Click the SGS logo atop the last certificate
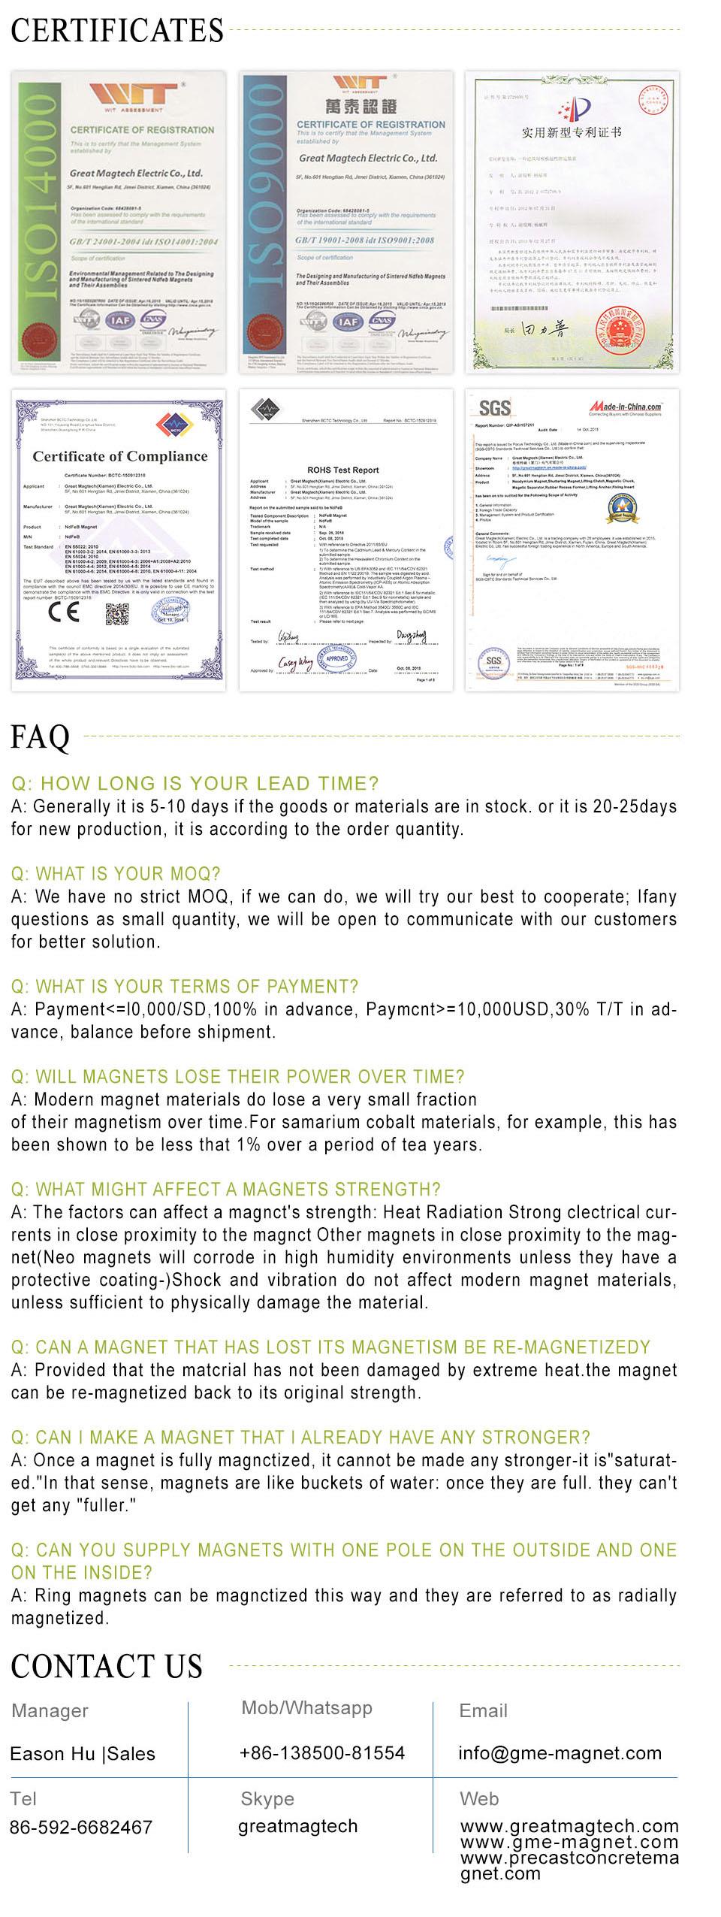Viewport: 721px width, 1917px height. pos(494,407)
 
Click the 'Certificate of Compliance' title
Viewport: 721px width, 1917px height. pos(120,456)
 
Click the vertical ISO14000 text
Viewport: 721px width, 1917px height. pos(38,222)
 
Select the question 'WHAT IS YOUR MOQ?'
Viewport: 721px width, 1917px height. pos(116,874)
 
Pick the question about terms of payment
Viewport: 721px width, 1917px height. pos(185,987)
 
